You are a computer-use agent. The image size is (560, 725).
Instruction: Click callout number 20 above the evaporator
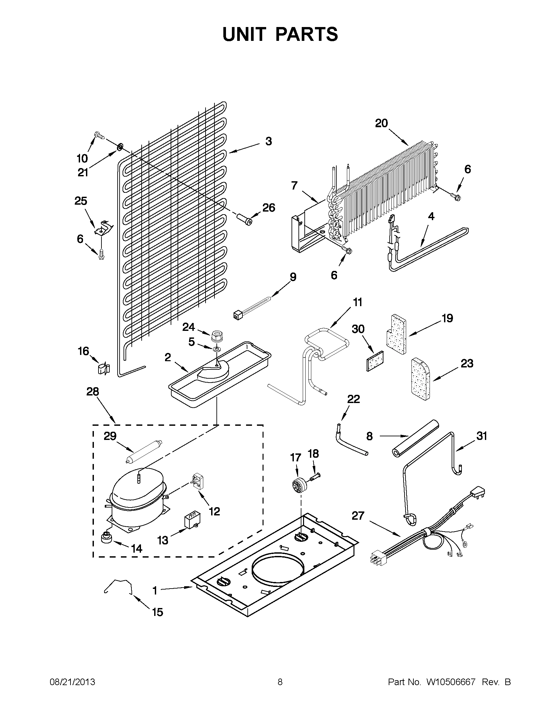381,124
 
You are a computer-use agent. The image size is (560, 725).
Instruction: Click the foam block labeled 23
420,378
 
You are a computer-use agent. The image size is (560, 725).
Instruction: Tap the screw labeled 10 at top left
98,135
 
